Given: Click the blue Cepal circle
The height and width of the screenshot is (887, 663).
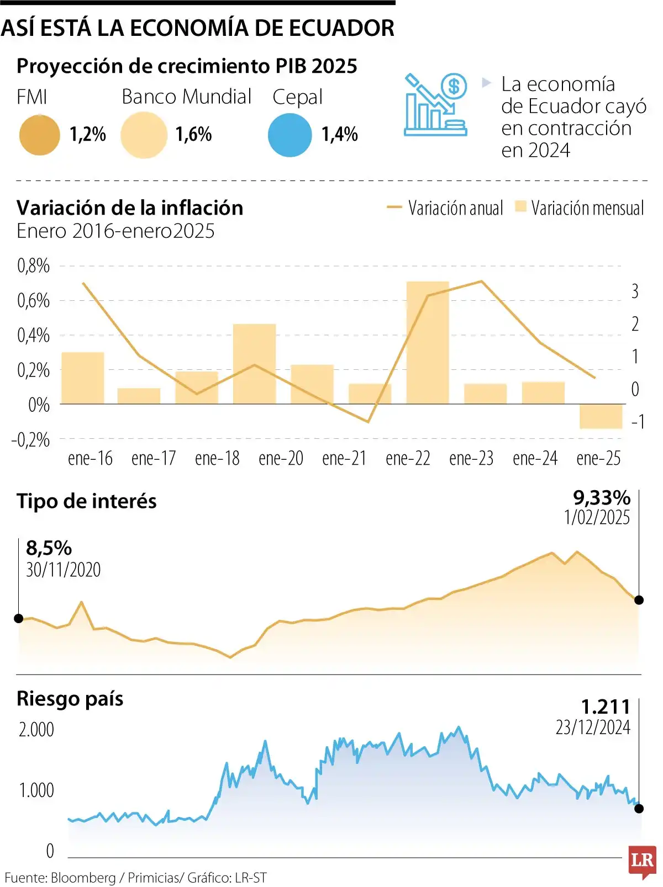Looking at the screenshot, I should (x=290, y=135).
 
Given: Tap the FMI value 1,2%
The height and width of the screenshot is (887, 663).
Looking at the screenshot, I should (x=87, y=134).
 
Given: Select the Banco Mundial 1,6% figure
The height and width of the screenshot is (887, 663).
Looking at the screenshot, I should (x=193, y=134).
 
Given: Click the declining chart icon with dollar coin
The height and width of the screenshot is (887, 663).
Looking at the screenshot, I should (x=435, y=104).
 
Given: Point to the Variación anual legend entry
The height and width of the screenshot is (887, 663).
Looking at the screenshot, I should (x=445, y=208).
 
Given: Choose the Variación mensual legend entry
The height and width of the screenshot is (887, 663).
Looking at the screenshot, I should (x=580, y=208).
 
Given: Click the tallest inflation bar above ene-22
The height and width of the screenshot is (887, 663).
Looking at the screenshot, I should (x=428, y=342).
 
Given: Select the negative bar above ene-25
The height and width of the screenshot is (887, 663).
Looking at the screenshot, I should (x=601, y=416).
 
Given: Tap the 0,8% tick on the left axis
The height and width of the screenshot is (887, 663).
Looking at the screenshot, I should (x=33, y=266).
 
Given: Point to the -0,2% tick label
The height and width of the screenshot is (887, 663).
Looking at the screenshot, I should (x=30, y=440).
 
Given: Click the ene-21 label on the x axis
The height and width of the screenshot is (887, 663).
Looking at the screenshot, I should (x=344, y=459).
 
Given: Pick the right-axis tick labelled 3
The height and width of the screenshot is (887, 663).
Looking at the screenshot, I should (x=635, y=291).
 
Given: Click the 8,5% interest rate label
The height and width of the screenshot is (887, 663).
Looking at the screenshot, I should (x=49, y=548).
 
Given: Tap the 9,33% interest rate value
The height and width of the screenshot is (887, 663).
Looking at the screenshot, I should (x=601, y=498).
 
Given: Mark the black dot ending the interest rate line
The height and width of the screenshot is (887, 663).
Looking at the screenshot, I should (x=639, y=600).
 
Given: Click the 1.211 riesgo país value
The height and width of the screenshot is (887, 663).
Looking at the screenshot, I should (x=606, y=707).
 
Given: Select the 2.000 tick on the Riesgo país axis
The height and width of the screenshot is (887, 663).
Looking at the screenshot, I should (x=36, y=730).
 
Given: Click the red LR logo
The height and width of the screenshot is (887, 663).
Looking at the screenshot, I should (x=643, y=861).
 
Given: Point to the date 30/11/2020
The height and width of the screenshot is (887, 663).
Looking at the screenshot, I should (x=64, y=570).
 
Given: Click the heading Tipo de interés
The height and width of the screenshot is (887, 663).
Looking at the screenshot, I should (x=87, y=501).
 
